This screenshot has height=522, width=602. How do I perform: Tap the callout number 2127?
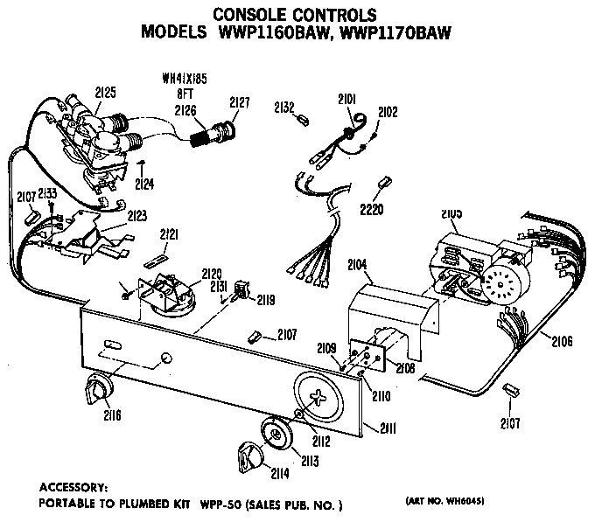240,102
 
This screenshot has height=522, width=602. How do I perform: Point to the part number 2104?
357,264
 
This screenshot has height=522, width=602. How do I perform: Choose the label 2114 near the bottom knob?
280,474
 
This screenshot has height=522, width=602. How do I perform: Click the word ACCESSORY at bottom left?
73,486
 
